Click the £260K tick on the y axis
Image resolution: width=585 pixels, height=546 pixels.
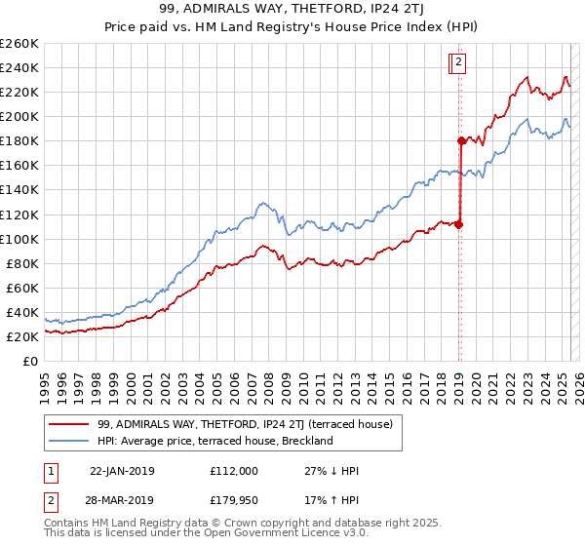[x=19, y=44]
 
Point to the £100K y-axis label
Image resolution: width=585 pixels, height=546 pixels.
[x=19, y=239]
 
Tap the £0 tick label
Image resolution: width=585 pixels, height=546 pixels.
[x=30, y=361]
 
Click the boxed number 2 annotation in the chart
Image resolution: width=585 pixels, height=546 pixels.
[x=457, y=64]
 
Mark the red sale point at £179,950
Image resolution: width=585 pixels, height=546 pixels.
[x=460, y=140]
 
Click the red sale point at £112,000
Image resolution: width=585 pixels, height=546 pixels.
[x=458, y=224]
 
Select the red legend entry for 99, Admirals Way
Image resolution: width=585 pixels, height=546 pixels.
[x=245, y=424]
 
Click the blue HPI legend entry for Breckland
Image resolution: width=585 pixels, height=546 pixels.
[x=215, y=441]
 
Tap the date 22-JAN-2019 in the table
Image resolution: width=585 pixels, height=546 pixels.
[x=122, y=471]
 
